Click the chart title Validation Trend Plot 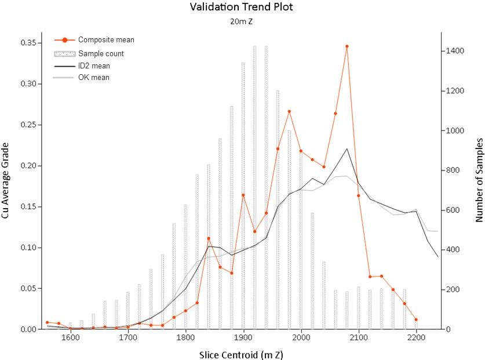(x=241, y=7)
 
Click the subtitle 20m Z (x=241, y=21)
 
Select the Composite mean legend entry (x=94, y=40)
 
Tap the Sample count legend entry (x=89, y=53)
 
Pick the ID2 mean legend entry (x=82, y=66)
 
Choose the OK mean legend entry (x=81, y=77)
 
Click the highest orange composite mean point (x=347, y=46)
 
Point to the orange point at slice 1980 (x=289, y=111)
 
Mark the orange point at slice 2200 (x=416, y=319)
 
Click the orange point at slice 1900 (x=243, y=195)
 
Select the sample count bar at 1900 (x=243, y=195)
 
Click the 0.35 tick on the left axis (x=28, y=43)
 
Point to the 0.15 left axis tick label (x=28, y=207)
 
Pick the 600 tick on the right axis (x=453, y=210)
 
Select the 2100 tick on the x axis (x=359, y=337)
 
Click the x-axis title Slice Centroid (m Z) (x=241, y=355)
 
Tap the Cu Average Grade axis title (x=5, y=180)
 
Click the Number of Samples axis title (x=479, y=180)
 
